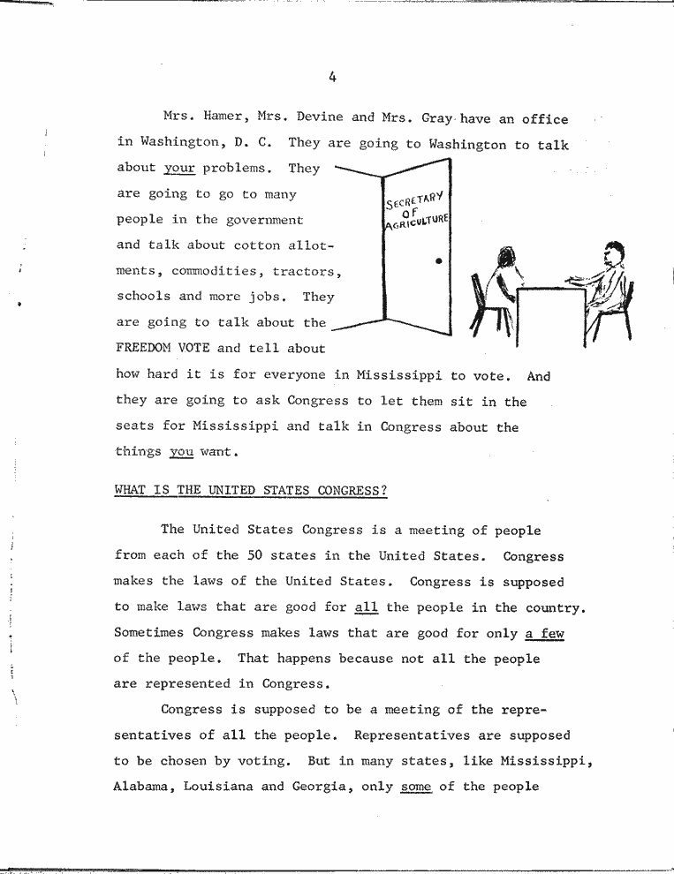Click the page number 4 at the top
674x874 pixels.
[332, 77]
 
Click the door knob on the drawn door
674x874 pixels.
[439, 262]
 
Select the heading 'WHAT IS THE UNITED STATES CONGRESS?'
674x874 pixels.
[251, 491]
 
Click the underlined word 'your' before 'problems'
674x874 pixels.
[178, 168]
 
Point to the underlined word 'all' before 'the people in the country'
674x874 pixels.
[364, 607]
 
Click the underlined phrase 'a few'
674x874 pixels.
[544, 633]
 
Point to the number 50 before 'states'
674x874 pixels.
[255, 556]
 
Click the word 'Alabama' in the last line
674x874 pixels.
[144, 786]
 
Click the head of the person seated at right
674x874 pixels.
[611, 253]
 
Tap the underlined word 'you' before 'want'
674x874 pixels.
[182, 452]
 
